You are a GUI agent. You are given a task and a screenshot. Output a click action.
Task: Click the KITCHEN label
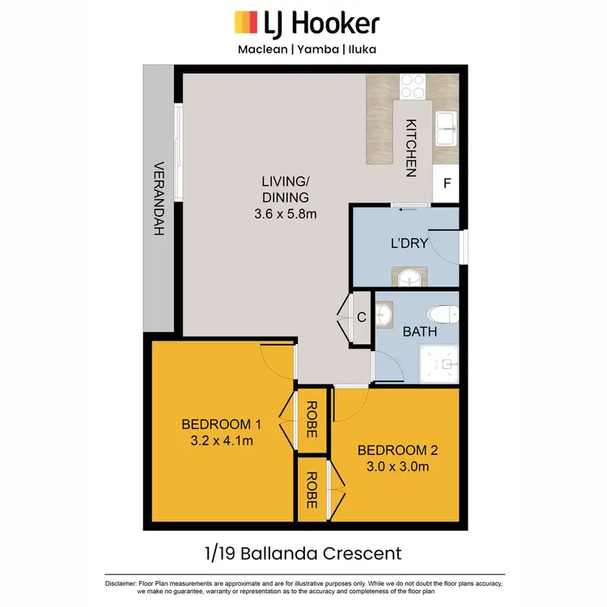pyautogui.click(x=411, y=148)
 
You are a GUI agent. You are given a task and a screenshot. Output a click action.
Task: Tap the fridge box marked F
pyautogui.click(x=446, y=184)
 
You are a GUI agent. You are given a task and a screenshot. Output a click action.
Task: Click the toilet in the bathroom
pyautogui.click(x=442, y=314)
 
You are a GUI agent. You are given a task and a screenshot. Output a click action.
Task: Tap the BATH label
pyautogui.click(x=420, y=331)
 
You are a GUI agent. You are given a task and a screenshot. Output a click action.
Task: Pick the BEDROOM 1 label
pyautogui.click(x=221, y=424)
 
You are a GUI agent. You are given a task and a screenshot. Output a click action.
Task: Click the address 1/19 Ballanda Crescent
pyautogui.click(x=303, y=554)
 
